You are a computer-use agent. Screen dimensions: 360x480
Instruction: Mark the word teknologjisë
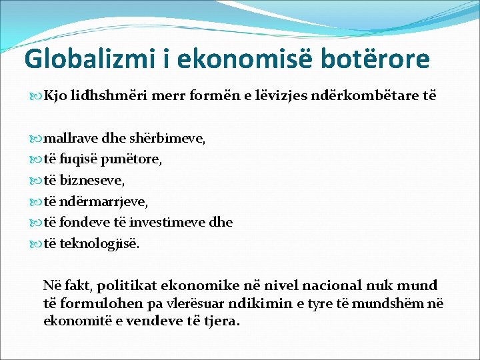[100, 243]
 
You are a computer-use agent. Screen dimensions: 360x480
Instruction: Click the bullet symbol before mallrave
[37, 139]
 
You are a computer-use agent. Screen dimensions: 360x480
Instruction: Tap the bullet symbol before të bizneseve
[37, 180]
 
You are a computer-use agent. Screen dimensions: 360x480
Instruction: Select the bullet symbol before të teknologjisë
[37, 243]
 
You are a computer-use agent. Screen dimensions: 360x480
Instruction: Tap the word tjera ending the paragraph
[221, 321]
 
